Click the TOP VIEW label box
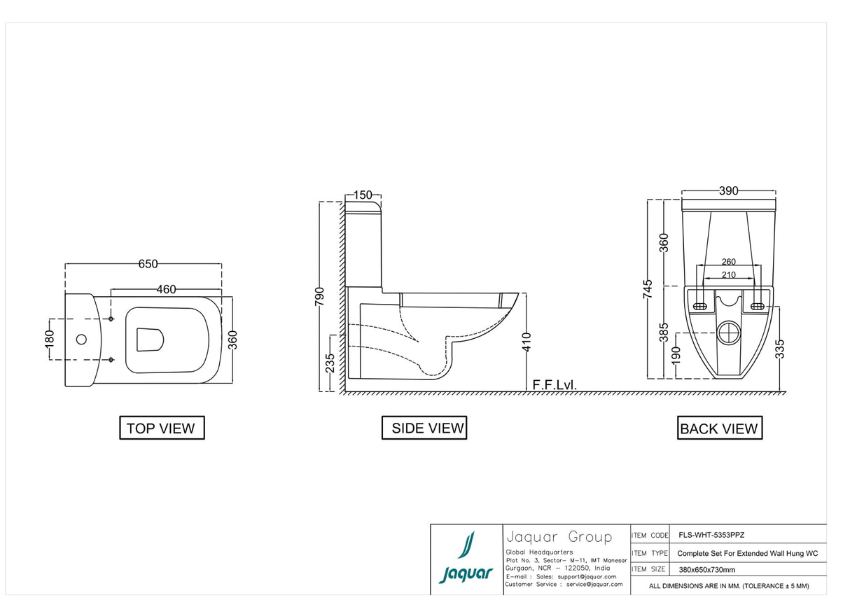(x=161, y=428)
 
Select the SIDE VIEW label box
(x=424, y=428)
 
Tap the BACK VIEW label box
(x=719, y=428)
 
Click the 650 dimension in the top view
(x=148, y=264)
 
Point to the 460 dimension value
(x=166, y=289)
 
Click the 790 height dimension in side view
(x=320, y=297)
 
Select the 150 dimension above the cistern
(x=363, y=195)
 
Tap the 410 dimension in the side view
(x=527, y=341)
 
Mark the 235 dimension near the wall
(x=330, y=362)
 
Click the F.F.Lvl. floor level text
(x=555, y=385)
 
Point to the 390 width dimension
(x=729, y=191)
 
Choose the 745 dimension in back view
(x=648, y=289)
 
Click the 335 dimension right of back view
(x=781, y=349)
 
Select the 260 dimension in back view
(x=728, y=263)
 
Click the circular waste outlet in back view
(x=729, y=331)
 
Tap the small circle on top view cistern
(x=81, y=340)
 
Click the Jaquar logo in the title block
(x=466, y=559)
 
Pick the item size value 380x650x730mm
(x=707, y=570)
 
